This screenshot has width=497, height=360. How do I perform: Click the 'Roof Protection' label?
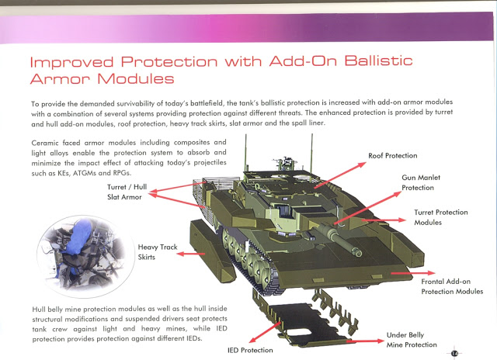click(392, 156)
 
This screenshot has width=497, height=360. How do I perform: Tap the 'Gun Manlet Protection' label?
click(421, 182)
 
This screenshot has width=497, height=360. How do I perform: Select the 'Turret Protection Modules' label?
click(441, 217)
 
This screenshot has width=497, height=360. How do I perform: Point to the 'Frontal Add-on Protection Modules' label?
click(452, 286)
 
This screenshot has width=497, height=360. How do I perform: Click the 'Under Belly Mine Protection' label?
click(412, 340)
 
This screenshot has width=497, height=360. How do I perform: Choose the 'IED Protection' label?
click(250, 350)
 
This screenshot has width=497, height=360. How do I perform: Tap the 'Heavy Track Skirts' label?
click(158, 252)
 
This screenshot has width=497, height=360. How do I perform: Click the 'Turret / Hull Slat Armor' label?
click(127, 192)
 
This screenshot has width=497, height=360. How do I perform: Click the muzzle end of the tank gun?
click(358, 253)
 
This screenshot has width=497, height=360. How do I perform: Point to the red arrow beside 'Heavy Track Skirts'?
click(191, 254)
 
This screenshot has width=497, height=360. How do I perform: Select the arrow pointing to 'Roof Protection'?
click(340, 175)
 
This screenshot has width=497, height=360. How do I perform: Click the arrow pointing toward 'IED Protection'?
click(265, 332)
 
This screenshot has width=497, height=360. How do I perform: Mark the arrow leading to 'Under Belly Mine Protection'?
click(365, 341)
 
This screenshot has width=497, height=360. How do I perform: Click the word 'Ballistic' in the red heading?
click(378, 61)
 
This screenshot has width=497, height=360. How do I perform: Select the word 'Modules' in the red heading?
click(136, 78)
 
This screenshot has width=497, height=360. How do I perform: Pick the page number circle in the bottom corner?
click(454, 353)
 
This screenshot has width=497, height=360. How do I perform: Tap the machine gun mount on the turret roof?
click(285, 163)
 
